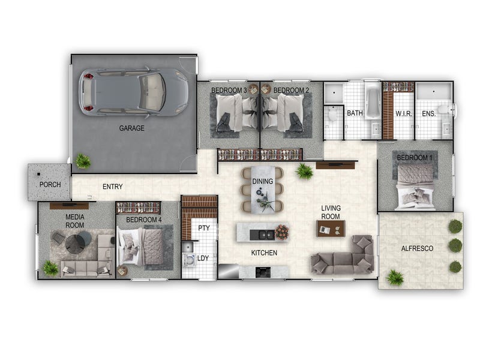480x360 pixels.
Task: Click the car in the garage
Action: (x=133, y=92)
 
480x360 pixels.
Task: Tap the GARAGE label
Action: (x=131, y=128)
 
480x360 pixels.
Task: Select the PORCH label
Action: (x=50, y=185)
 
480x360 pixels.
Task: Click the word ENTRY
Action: (x=113, y=187)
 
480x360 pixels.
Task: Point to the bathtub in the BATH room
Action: (x=372, y=101)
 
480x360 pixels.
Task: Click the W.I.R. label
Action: (x=404, y=114)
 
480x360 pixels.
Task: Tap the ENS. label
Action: (x=428, y=113)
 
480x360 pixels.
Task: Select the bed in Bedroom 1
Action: (x=415, y=187)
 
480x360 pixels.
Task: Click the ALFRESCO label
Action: (x=417, y=248)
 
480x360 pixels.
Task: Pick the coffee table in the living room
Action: (x=331, y=229)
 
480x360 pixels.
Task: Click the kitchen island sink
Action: (x=262, y=235)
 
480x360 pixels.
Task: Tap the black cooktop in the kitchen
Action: (x=263, y=272)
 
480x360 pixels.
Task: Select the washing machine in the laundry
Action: (x=189, y=260)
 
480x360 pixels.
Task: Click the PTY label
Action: (x=204, y=228)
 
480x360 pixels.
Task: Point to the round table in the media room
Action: (x=74, y=244)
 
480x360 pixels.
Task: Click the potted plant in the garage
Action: (x=83, y=161)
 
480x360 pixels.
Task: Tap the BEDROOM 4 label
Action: (x=143, y=220)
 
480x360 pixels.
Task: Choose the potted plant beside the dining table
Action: (x=304, y=171)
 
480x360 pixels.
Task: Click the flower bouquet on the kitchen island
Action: (x=281, y=232)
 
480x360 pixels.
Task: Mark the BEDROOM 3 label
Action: (x=229, y=91)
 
